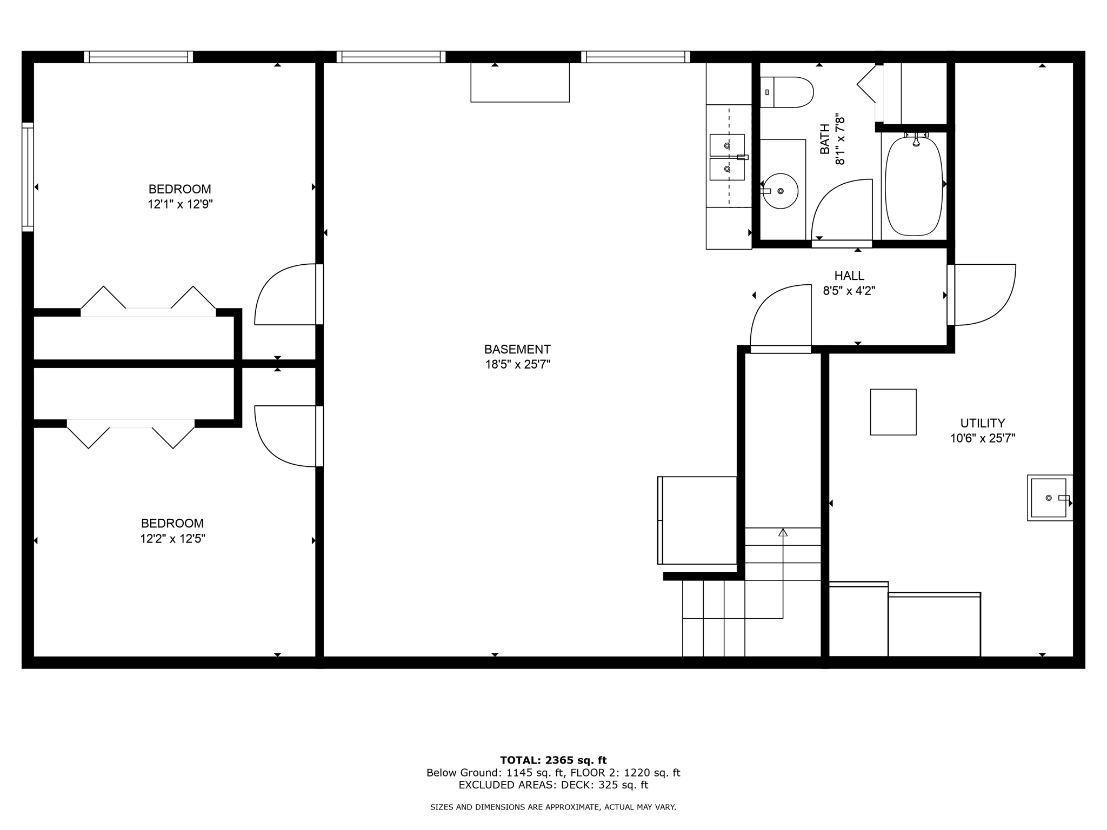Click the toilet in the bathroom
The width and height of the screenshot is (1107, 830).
click(786, 92)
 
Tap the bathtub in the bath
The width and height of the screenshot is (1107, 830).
click(914, 185)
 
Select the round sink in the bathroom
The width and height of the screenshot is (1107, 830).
click(780, 191)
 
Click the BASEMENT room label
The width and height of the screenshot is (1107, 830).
click(517, 349)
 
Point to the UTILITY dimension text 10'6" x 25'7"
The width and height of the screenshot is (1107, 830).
click(983, 438)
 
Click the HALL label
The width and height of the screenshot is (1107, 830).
click(849, 276)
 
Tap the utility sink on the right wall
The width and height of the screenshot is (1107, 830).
click(1049, 498)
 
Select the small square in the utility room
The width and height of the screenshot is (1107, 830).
click(893, 412)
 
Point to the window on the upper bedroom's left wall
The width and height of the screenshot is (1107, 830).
click(28, 177)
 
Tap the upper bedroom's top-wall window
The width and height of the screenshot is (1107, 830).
click(138, 57)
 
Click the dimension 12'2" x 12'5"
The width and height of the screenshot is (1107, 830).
click(172, 539)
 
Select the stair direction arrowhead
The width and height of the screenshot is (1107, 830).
click(783, 532)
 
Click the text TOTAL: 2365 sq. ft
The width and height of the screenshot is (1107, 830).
click(553, 760)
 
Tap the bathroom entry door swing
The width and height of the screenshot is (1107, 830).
click(842, 211)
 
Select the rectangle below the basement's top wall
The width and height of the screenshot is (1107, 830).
click(520, 82)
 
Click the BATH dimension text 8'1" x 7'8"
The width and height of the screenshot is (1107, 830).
click(839, 139)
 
